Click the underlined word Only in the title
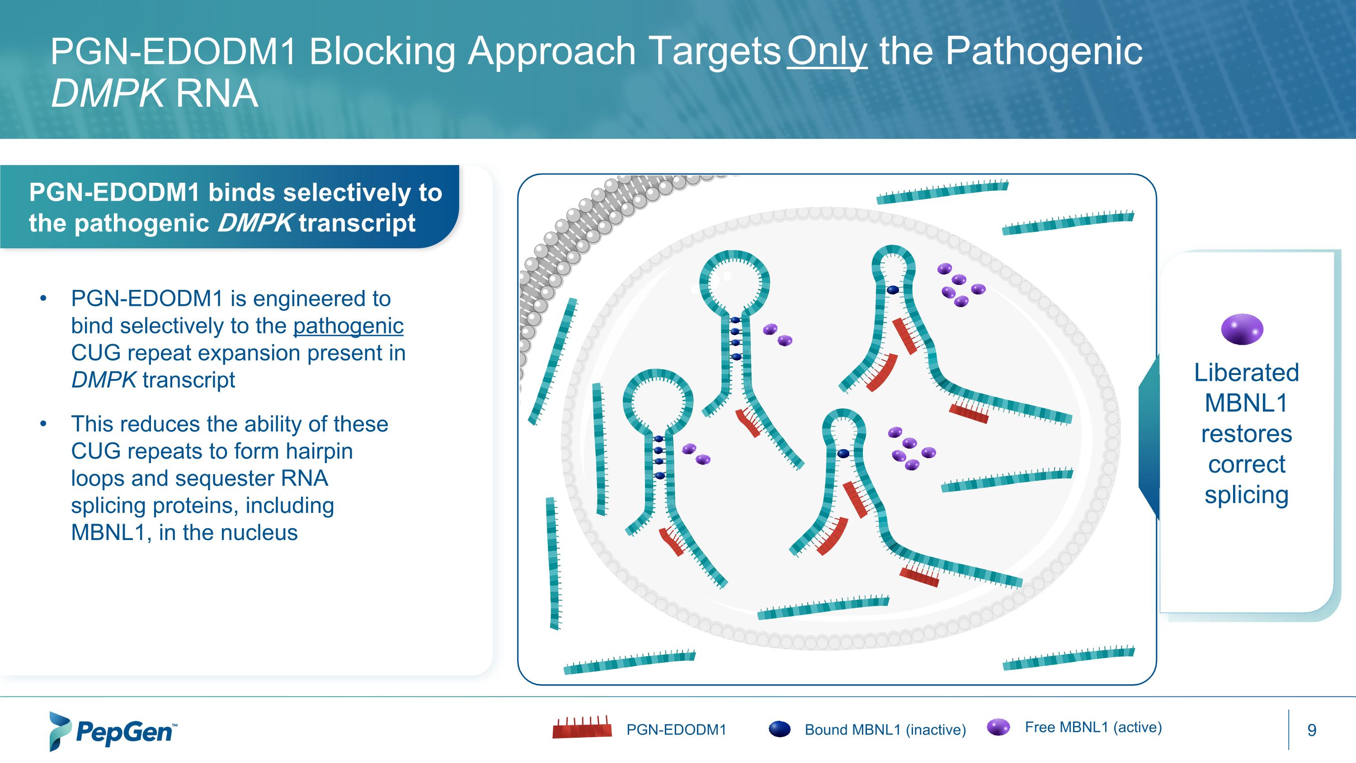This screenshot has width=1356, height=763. [826, 52]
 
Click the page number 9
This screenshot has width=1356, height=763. [1312, 730]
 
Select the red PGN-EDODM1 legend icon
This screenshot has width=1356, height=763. [582, 729]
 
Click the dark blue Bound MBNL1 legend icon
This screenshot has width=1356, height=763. [780, 729]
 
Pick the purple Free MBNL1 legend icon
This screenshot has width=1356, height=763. [998, 727]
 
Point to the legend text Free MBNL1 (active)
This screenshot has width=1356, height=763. [1093, 727]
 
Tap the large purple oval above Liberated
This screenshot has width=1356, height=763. [1242, 329]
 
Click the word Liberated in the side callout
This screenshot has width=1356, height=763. [1246, 372]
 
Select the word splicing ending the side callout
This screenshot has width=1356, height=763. [1246, 495]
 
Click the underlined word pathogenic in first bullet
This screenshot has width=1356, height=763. [348, 326]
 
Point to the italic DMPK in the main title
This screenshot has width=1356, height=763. [107, 94]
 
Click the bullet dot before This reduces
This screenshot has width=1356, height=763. [43, 424]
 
